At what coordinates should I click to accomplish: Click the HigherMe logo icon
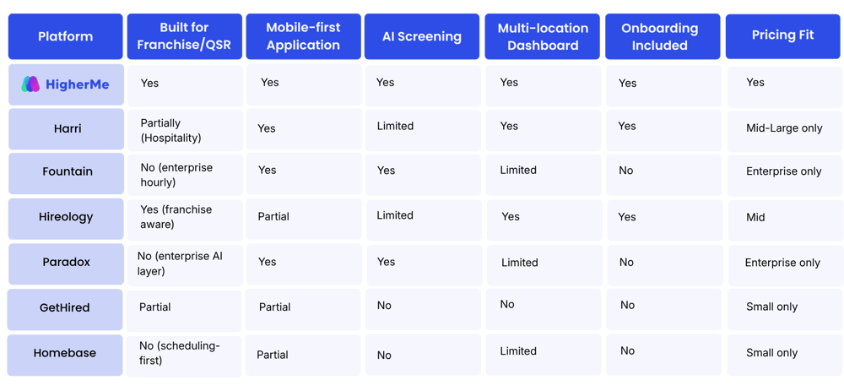(30, 84)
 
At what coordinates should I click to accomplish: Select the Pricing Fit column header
(782, 35)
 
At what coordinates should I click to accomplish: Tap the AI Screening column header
(421, 36)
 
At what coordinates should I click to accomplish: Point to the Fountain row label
(68, 171)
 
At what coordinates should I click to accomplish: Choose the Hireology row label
(66, 217)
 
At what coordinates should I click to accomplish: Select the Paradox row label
(66, 263)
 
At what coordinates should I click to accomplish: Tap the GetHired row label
(65, 308)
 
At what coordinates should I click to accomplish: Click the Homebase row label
(65, 353)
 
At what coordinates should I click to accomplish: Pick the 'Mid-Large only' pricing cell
(784, 128)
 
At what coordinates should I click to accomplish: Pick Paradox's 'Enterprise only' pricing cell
(782, 263)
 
